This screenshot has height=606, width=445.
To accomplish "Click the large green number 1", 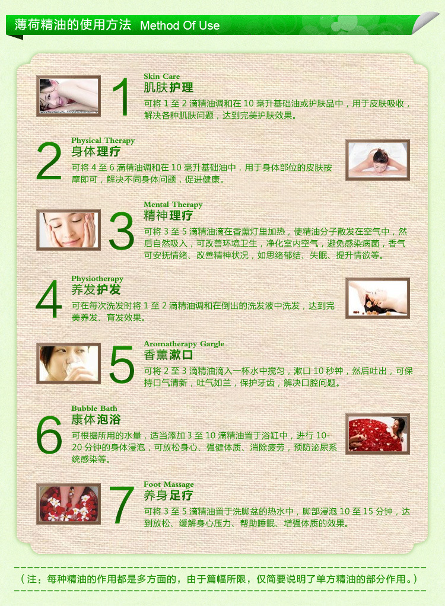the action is point(122,97).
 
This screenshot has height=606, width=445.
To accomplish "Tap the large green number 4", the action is point(49,299).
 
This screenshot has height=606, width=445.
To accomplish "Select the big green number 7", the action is point(122,505).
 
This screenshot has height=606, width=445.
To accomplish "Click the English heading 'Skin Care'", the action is point(161,76).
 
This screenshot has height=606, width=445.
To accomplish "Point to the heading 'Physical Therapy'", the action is point(103,141).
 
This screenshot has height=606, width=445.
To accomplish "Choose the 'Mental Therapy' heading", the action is point(173,205).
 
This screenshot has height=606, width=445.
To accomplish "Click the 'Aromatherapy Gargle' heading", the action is point(184,344).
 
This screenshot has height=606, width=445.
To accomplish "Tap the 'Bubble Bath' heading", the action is point(94,409).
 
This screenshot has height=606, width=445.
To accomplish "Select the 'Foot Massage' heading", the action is point(169,484).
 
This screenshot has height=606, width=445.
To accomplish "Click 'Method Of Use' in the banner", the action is point(180,25).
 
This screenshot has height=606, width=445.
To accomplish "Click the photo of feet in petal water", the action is point(68,504).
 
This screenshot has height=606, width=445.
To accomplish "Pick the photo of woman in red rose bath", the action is point(377,434).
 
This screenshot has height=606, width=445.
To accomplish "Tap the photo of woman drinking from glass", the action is point(68,363).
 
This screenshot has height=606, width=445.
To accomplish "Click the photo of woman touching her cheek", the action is point(68,230).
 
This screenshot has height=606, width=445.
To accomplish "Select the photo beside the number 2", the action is point(377,160).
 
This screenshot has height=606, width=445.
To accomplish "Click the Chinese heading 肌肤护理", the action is point(168,88).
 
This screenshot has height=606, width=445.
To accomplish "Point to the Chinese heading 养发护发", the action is point(96,289).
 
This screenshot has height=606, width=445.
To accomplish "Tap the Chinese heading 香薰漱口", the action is point(168,355).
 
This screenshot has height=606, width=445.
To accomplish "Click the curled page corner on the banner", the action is point(425,23).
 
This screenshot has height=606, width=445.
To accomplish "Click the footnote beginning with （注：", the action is point(219,579).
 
